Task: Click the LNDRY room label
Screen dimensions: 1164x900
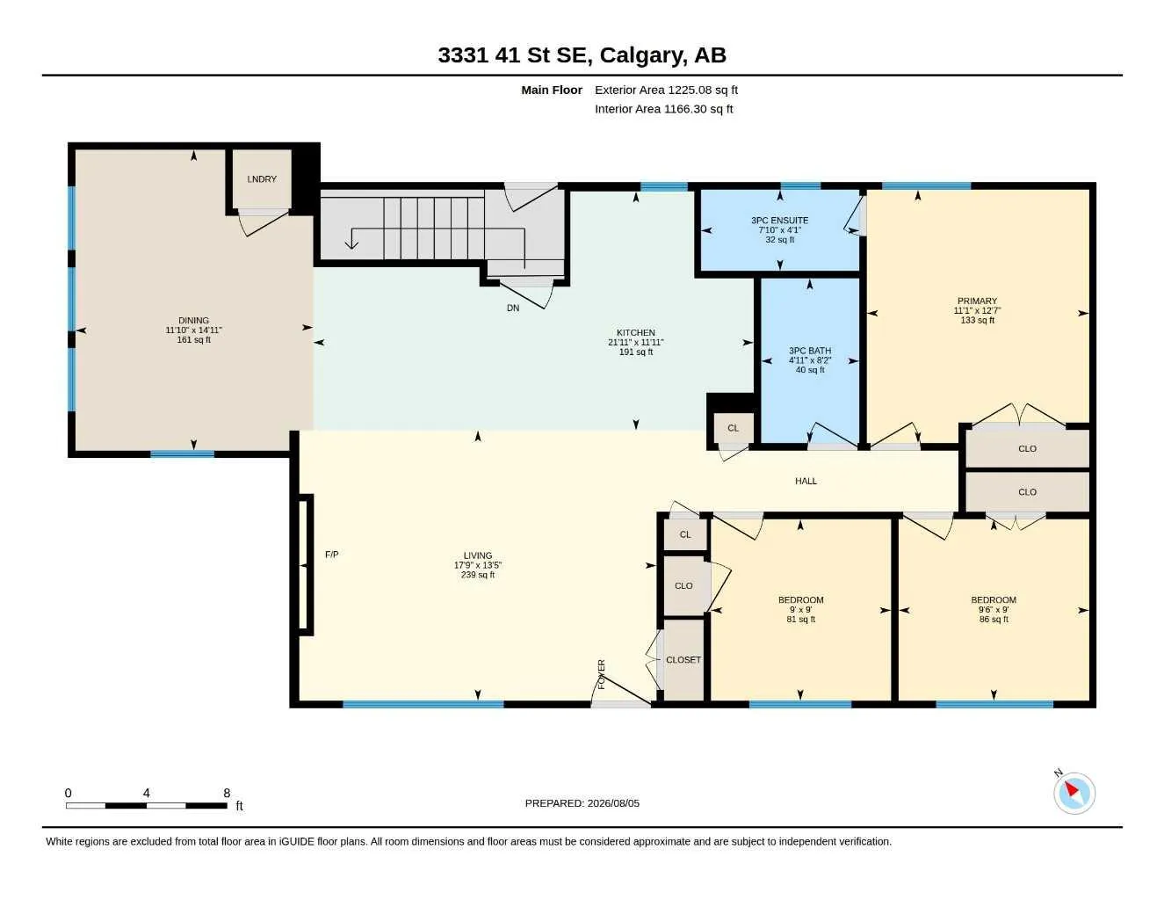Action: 262,179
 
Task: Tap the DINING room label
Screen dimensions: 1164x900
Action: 193,320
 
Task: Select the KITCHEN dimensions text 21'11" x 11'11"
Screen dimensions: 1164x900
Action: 636,342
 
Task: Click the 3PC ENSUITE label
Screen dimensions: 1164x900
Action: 779,221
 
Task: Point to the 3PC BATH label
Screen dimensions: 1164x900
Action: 810,351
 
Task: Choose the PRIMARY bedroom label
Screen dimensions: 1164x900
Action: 977,301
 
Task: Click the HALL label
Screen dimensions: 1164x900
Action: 806,481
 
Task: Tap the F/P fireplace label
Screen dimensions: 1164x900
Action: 331,555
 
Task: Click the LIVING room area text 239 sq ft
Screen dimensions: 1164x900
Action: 478,575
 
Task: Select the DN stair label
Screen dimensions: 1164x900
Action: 513,308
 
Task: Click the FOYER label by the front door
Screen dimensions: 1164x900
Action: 601,674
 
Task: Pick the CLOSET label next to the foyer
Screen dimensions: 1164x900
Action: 683,660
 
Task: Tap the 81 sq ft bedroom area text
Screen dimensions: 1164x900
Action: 801,620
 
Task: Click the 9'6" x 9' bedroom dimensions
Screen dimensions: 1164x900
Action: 994,610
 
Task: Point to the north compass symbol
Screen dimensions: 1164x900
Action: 1074,794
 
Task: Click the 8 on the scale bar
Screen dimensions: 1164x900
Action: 227,793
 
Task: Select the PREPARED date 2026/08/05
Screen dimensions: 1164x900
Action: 613,803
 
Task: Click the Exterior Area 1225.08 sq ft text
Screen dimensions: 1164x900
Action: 667,90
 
